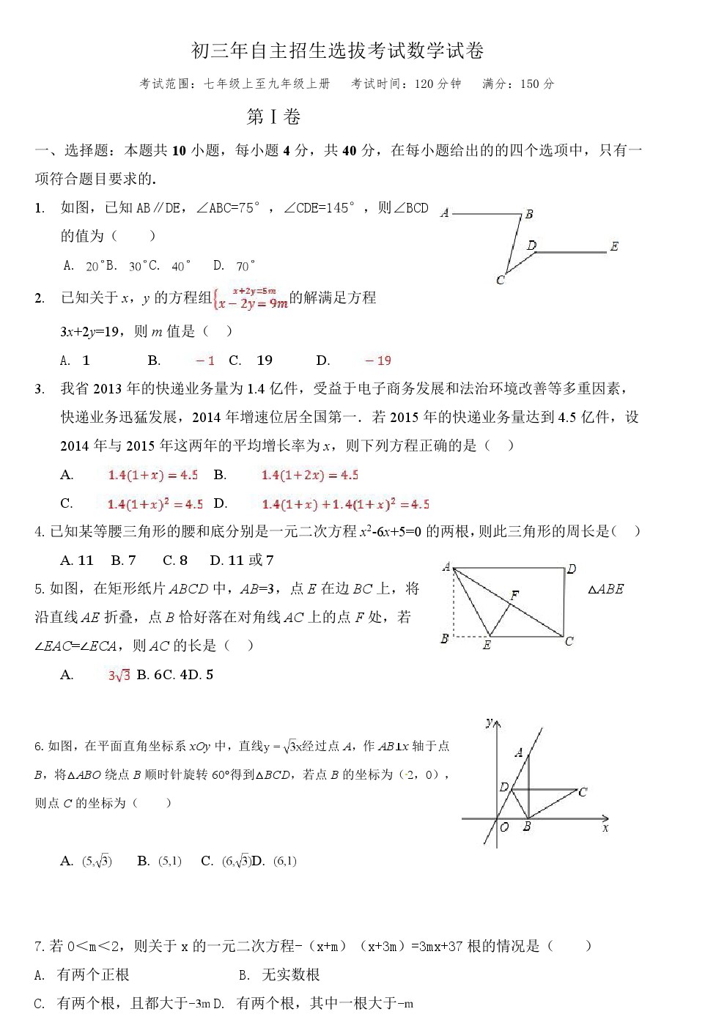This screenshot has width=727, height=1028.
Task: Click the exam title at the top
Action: click(337, 51)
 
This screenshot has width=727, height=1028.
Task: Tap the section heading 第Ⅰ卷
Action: click(273, 117)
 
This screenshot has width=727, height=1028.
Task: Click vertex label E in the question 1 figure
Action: click(614, 246)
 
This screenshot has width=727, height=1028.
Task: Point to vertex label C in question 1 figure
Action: click(501, 279)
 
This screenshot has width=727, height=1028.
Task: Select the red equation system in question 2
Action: click(250, 298)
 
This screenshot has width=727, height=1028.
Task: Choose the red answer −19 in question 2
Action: click(378, 360)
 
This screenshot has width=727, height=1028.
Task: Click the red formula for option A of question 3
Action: click(152, 475)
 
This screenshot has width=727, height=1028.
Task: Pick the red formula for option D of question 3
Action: click(345, 504)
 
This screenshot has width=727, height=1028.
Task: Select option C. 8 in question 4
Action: click(175, 561)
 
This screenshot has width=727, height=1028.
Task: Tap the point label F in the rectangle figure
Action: click(514, 595)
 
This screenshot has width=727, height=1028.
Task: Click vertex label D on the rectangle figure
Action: click(572, 569)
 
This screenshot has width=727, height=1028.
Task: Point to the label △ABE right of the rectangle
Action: click(606, 589)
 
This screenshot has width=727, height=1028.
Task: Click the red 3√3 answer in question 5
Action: click(119, 675)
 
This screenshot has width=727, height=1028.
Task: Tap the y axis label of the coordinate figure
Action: click(489, 722)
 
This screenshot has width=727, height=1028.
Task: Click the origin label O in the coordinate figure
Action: click(504, 827)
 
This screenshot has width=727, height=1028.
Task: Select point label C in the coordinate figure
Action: click(583, 792)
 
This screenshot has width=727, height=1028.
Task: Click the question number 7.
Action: click(40, 947)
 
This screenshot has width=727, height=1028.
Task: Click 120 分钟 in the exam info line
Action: click(438, 84)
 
